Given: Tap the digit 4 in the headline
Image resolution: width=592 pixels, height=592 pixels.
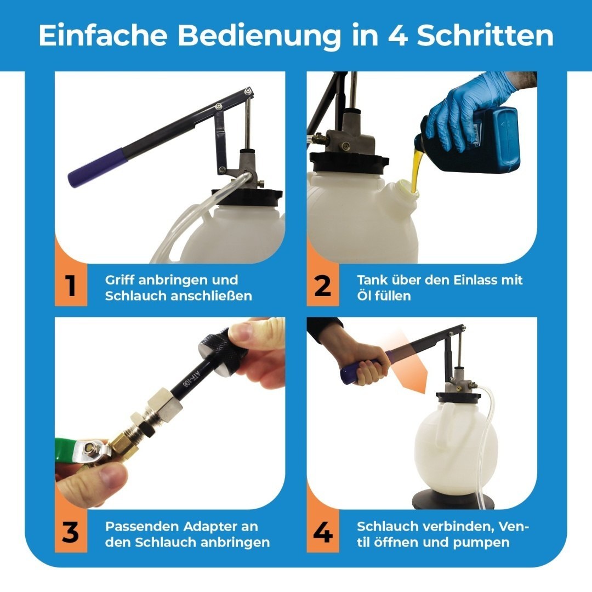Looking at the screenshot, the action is point(397,36).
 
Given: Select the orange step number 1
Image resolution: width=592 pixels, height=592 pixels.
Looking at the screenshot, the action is point(71,286).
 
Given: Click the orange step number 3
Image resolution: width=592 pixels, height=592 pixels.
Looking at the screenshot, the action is point(71,532).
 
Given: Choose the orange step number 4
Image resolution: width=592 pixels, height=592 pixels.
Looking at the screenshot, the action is point(323,532).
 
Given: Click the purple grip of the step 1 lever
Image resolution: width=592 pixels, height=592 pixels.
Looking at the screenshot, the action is point(98,167).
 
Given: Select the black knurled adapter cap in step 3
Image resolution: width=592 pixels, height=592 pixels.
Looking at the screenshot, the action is point(223,352).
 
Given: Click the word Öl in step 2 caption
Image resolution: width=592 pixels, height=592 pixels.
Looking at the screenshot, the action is point(365,295).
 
